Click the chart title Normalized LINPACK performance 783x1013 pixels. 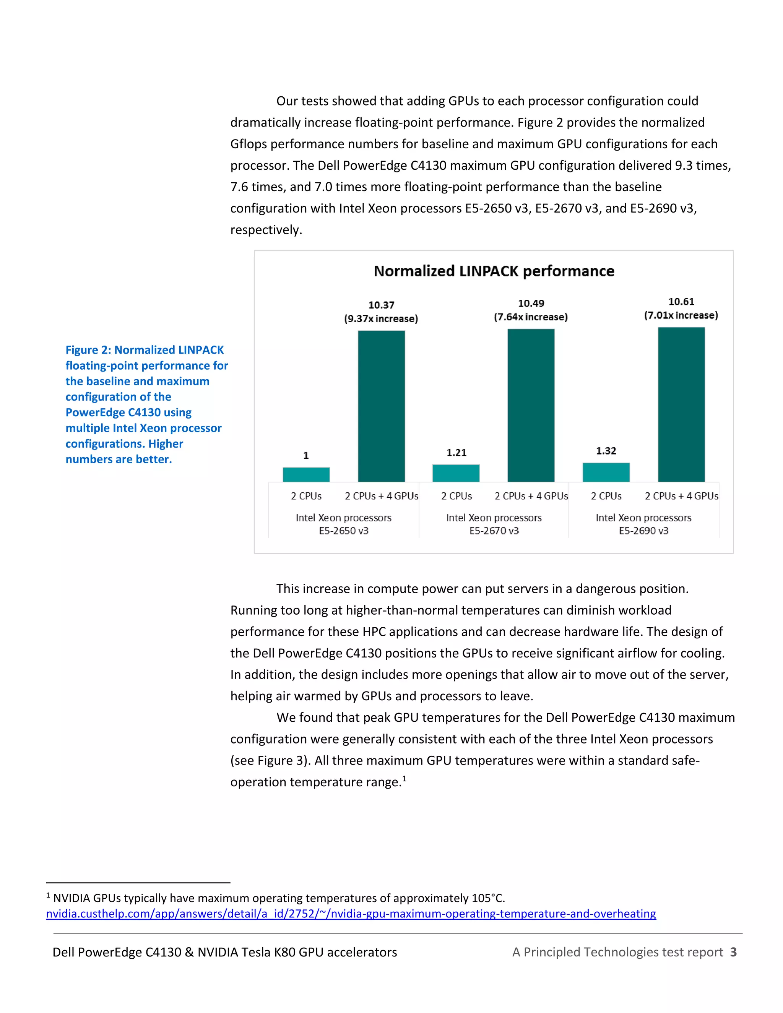pos(494,271)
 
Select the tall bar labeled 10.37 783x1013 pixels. pos(381,406)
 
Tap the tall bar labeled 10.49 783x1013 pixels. pos(531,405)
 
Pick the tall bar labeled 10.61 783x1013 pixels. pos(681,404)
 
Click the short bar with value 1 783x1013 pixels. pos(306,474)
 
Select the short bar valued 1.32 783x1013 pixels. pos(606,472)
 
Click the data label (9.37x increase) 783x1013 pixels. pos(381,319)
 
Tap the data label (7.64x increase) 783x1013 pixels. pos(531,317)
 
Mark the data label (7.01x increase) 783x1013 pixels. pos(681,315)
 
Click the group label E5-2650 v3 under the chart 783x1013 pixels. pos(343,531)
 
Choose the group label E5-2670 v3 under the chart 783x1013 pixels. pos(494,531)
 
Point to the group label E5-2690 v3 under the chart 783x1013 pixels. pos(643,531)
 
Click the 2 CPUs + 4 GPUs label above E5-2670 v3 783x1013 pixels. pos(531,496)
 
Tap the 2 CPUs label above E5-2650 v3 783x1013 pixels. pos(306,496)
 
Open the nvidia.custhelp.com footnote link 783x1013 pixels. pos(351,913)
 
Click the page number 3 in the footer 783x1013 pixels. pos(733,952)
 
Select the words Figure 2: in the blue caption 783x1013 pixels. pos(88,350)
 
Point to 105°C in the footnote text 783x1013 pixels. pos(487,898)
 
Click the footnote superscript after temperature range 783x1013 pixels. pos(404,778)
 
